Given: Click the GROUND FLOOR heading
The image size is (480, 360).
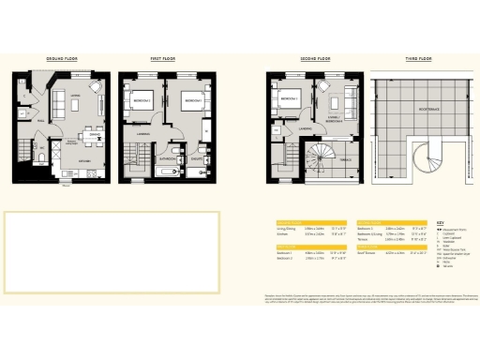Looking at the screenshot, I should point(63,58).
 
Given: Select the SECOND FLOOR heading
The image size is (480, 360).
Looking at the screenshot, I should point(315,58).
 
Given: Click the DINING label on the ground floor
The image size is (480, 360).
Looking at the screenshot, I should point(94,135).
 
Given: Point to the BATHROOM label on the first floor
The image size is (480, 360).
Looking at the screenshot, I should point(168,159).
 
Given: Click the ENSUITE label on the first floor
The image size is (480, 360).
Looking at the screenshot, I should point(198,159).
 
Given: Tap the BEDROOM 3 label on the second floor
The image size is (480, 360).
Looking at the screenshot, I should point(288,97).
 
